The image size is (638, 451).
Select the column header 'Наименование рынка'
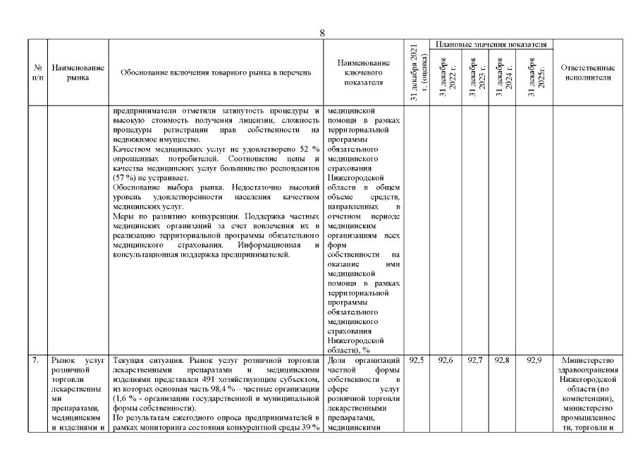tap(78, 73)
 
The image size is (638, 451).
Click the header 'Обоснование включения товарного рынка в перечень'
tap(215, 73)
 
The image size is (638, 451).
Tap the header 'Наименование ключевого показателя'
tap(363, 73)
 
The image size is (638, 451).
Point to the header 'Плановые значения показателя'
tap(491, 44)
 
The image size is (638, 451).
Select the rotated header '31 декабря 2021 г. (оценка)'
tap(416, 73)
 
